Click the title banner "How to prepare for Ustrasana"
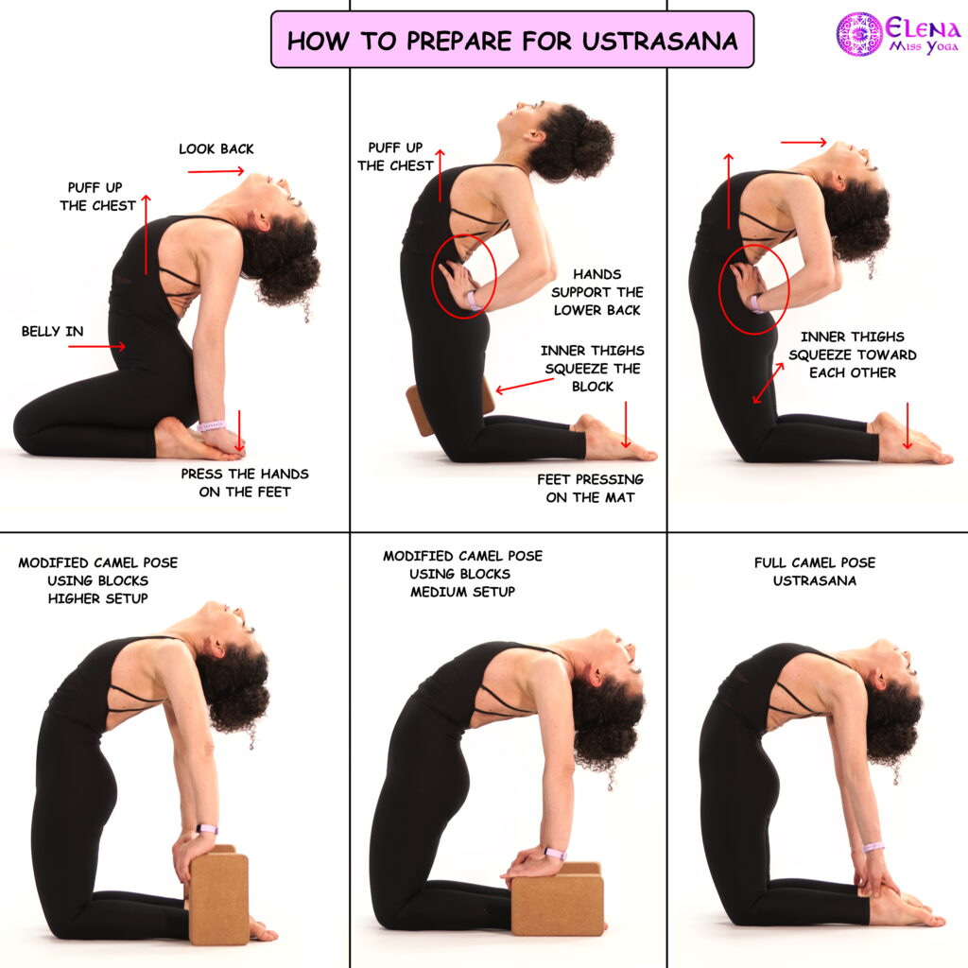512,40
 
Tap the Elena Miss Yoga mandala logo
858,33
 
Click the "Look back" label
216,148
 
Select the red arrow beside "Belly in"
97,346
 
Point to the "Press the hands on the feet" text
245,483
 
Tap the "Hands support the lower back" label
597,292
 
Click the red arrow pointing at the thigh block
525,386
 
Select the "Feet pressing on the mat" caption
590,489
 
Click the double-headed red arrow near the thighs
768,384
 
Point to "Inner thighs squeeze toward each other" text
852,355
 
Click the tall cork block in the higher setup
217,896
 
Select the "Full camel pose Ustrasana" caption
815,572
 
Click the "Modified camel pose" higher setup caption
98,580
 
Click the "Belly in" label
53,332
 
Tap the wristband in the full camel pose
873,846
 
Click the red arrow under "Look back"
216,171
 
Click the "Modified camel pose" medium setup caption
462,574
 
